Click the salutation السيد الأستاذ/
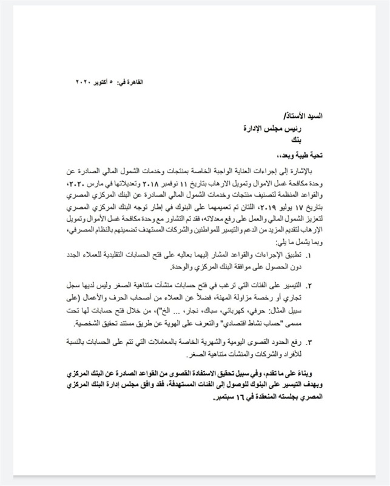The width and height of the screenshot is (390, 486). point(348,115)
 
